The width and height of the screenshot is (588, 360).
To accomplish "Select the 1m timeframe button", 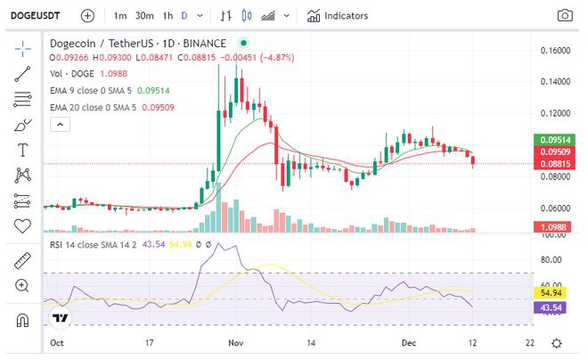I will [x=120, y=15].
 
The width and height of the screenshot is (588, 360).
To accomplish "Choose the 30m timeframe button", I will [x=144, y=15].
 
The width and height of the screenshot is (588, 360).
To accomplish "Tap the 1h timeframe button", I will [x=167, y=15].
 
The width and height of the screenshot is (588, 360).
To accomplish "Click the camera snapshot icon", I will [x=565, y=15].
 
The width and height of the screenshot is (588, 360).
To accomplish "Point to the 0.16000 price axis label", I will [x=556, y=51].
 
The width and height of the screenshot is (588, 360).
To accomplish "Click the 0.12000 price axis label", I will [x=556, y=114].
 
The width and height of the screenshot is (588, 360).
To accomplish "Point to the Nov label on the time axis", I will [x=236, y=342].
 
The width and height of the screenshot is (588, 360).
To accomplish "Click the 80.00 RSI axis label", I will [x=553, y=260].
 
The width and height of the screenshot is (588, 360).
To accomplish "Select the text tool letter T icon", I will [x=22, y=150].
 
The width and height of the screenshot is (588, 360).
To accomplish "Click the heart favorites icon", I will [x=22, y=225].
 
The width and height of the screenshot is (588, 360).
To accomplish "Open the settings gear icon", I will [x=557, y=343].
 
